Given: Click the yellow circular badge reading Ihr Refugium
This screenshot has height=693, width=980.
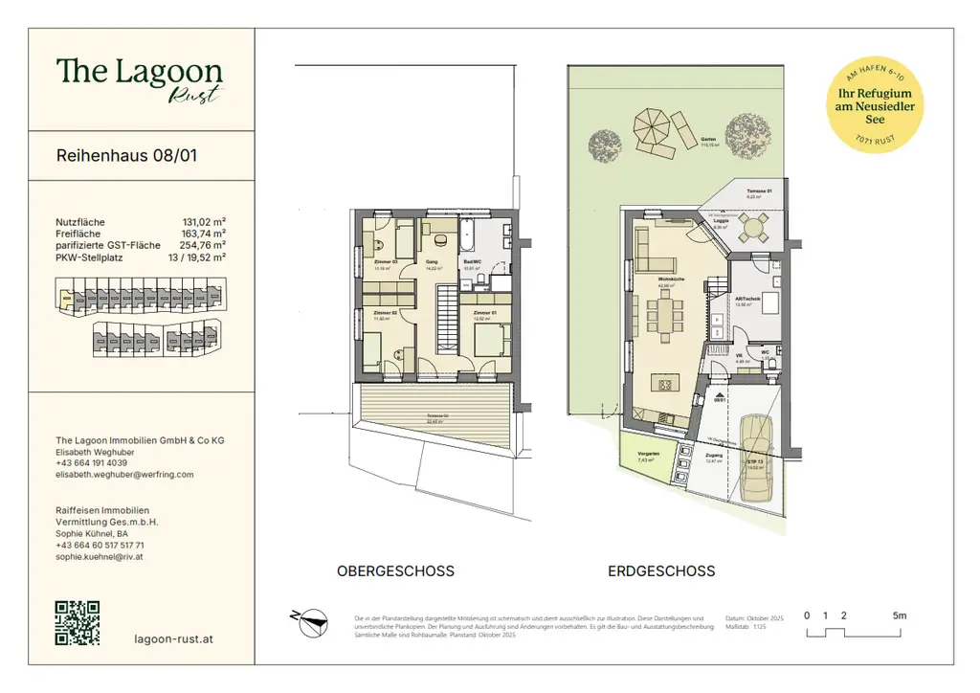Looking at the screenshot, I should tap(875, 107).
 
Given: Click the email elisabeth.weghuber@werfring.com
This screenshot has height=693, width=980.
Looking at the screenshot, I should tap(124, 474).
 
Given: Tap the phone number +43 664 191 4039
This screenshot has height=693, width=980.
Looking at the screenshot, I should tap(92, 462).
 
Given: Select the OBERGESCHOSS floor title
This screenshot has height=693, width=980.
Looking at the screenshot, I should tap(395, 571).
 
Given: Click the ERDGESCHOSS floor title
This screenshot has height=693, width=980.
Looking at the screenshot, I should tap(661, 571).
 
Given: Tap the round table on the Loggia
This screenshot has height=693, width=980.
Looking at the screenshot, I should tap(754, 228).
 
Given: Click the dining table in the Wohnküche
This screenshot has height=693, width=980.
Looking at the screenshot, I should tap(666, 318).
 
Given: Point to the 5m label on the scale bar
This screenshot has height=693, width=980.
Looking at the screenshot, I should tap(899, 615).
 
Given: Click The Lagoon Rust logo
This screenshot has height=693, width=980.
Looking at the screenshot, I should tap(140, 77).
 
